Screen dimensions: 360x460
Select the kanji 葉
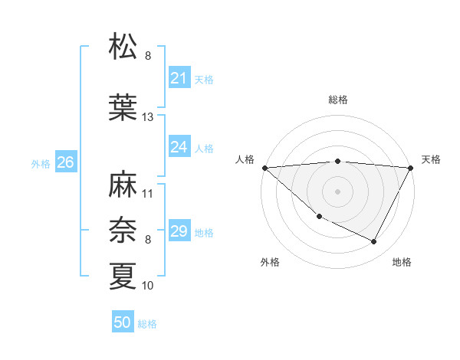[123, 107]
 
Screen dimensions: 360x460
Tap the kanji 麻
[123, 184]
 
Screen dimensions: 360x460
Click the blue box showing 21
[179, 78]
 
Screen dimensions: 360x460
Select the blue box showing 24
[179, 147]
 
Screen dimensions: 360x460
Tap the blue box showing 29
[179, 231]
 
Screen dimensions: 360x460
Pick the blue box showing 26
[65, 162]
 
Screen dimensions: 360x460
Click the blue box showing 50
[123, 322]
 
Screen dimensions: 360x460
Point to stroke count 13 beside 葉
[148, 117]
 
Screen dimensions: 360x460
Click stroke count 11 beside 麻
[148, 194]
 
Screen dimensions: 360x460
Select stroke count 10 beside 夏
[148, 286]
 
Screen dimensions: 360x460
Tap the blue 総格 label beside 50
[147, 324]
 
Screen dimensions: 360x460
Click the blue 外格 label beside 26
[41, 163]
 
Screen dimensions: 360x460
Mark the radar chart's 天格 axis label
[431, 159]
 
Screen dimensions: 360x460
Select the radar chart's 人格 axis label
[245, 159]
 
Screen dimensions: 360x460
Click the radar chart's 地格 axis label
[402, 262]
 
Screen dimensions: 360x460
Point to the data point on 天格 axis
[412, 168]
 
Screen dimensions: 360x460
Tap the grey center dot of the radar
[338, 191]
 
